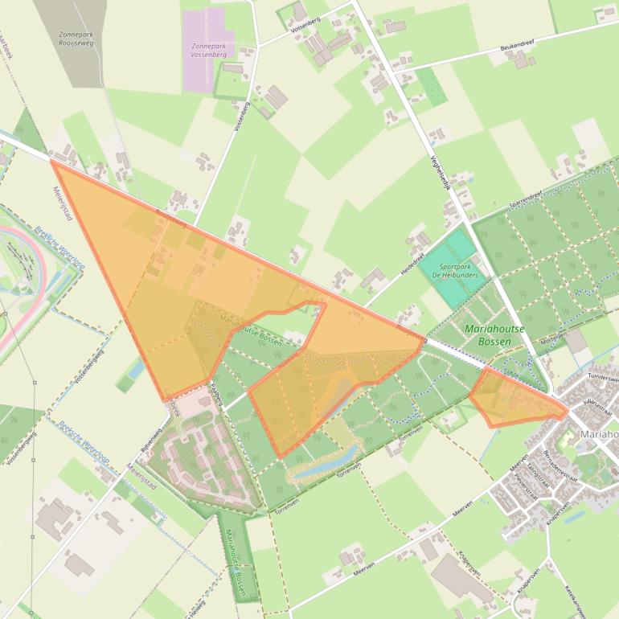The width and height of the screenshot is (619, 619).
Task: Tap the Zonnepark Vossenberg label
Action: click(209, 51)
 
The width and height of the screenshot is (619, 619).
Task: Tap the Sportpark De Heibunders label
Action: click(454, 269)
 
